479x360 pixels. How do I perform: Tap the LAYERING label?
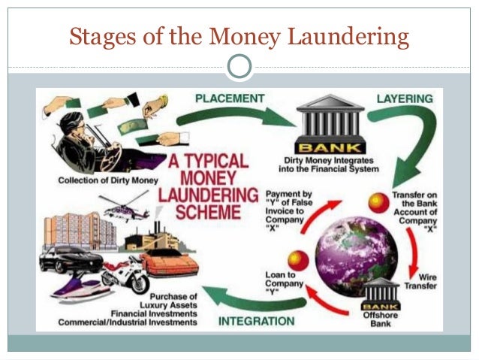click(x=404, y=98)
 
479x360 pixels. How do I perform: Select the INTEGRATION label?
click(x=256, y=321)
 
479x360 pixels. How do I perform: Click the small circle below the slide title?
click(x=239, y=67)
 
